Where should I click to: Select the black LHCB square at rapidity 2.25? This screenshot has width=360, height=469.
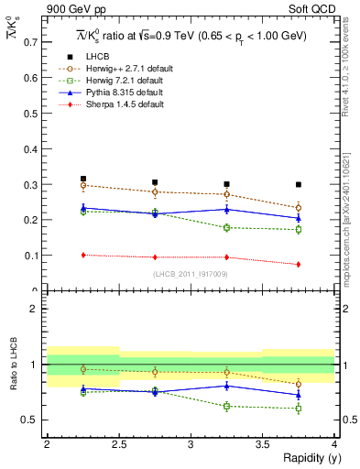click(x=82, y=179)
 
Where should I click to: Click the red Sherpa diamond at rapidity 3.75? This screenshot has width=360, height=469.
click(x=298, y=264)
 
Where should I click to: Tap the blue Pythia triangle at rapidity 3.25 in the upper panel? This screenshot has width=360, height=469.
click(x=226, y=210)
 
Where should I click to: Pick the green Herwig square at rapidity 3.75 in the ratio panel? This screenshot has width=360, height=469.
click(x=298, y=409)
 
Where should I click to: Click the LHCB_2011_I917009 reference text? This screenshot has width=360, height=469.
click(x=191, y=274)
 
